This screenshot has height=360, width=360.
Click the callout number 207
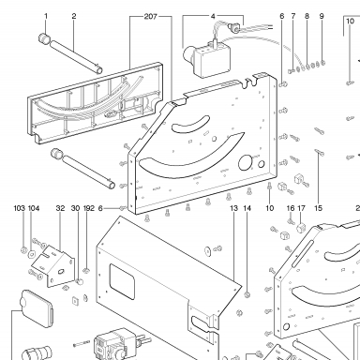[150, 16]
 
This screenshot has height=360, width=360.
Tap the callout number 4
[213, 16]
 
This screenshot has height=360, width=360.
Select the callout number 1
[46, 16]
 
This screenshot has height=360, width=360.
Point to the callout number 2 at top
[74, 16]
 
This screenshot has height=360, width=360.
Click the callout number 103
[20, 208]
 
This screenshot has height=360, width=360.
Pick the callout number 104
[34, 208]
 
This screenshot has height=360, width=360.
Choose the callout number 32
[60, 208]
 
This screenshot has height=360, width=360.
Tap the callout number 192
[89, 208]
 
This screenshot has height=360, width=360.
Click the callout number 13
[234, 208]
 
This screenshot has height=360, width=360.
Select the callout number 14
[247, 208]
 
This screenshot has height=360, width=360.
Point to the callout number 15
[318, 208]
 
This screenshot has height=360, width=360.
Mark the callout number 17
[301, 208]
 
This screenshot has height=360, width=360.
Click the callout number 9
[322, 16]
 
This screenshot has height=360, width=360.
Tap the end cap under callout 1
[45, 38]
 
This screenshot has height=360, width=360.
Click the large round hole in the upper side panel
[245, 162]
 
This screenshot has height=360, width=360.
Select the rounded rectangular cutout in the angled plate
[122, 279]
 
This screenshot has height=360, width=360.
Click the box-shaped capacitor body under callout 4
[211, 61]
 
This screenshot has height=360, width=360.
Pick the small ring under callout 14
[247, 294]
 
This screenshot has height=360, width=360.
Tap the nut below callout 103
[23, 250]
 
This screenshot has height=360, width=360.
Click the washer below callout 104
[31, 253]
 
